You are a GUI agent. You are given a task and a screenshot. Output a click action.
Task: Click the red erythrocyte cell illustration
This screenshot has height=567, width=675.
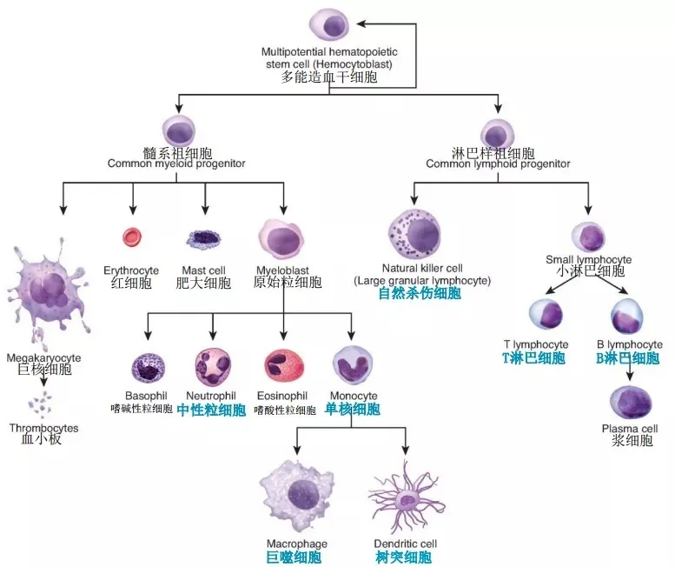point(132,237)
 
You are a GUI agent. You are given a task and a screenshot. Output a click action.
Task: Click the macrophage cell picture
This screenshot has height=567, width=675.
point(297,496)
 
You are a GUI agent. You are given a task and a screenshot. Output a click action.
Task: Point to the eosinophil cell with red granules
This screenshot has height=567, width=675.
point(284,366)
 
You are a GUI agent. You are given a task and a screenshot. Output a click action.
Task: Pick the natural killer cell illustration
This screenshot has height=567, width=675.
point(414,236)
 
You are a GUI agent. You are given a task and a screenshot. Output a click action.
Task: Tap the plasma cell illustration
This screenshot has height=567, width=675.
point(631,403)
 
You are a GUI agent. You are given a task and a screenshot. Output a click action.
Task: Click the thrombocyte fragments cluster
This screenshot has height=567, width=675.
point(40,405)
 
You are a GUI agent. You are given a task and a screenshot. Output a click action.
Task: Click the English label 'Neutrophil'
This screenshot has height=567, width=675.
point(211,396)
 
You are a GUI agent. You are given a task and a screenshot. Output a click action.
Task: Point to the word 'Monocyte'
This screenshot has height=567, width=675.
point(354,396)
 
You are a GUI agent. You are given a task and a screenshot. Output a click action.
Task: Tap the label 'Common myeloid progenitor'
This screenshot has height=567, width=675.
point(176,163)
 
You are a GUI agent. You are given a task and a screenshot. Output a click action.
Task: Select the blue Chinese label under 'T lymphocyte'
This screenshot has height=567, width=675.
point(533,358)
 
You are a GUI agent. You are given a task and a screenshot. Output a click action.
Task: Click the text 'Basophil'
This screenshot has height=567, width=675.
point(146,396)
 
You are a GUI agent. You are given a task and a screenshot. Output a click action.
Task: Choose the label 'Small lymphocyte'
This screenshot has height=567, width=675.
point(589,260)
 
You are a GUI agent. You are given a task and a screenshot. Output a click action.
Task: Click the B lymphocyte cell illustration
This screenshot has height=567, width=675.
point(627,316)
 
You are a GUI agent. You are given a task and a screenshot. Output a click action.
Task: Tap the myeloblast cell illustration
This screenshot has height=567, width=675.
point(281,239)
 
